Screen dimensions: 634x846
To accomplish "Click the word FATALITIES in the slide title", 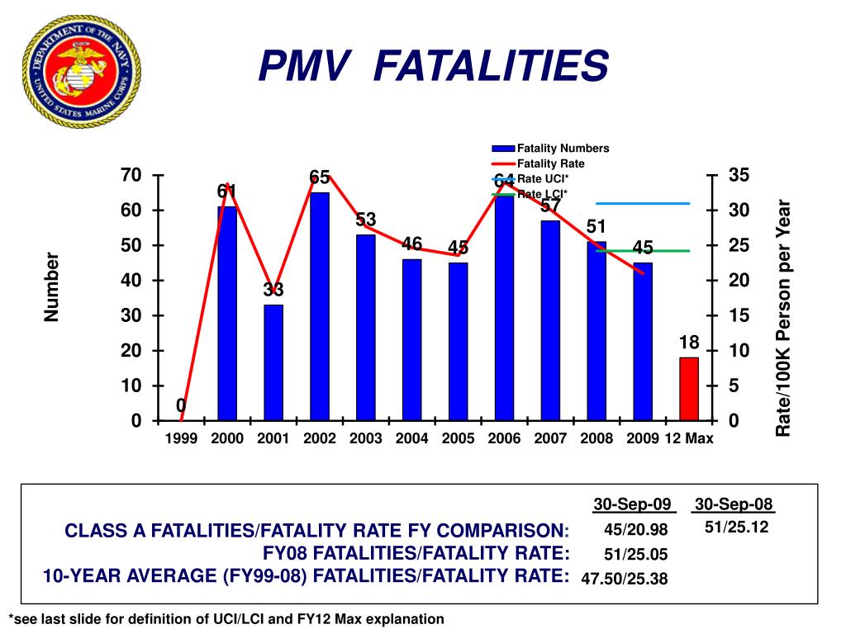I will (491, 66).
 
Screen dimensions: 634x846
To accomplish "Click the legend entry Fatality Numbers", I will (562, 149).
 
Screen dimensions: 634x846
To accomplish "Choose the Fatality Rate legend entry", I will (550, 163).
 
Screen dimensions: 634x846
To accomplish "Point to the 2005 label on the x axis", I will (458, 439).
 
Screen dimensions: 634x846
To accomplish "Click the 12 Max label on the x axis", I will (689, 439).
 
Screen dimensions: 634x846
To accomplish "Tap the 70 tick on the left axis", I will (131, 175).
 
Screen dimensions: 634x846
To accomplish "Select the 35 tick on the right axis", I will (739, 175).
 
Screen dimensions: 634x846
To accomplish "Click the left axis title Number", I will (53, 286).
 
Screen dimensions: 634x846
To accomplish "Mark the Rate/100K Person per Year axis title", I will (783, 318).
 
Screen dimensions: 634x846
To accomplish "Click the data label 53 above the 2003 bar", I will (366, 220).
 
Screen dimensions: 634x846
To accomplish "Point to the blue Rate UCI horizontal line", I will (643, 202).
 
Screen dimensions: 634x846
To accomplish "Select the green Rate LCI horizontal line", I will (643, 250).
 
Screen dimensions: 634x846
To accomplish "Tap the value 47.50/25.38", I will (624, 579).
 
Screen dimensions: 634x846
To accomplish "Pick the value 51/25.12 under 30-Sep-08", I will (737, 527).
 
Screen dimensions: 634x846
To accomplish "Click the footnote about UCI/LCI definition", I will (226, 618).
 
